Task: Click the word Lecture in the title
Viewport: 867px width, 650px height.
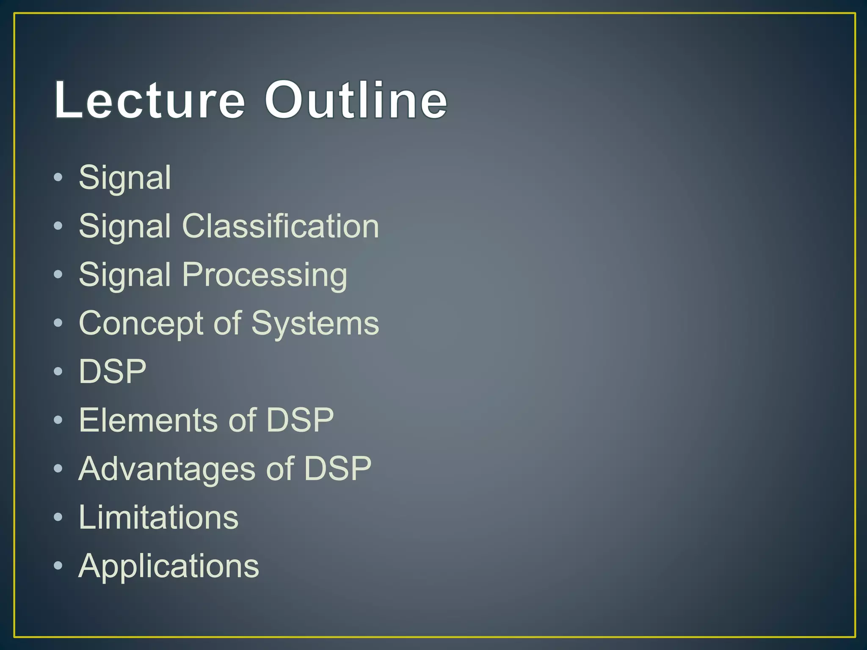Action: (x=150, y=100)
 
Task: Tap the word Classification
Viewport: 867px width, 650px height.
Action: (x=280, y=226)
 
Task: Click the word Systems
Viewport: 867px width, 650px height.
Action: (x=315, y=324)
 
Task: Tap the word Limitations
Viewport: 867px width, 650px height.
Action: (x=158, y=518)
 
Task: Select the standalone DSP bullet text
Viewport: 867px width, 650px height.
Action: (x=113, y=372)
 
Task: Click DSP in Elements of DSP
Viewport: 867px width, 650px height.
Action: (x=300, y=420)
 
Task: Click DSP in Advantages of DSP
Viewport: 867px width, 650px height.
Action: (x=337, y=469)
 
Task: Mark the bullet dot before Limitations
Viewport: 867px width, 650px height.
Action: (x=58, y=517)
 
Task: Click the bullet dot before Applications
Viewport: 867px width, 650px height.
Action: (x=58, y=565)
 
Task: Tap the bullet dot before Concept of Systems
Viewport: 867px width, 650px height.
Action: (x=58, y=323)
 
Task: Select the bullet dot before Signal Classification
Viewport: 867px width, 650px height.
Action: (x=58, y=226)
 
